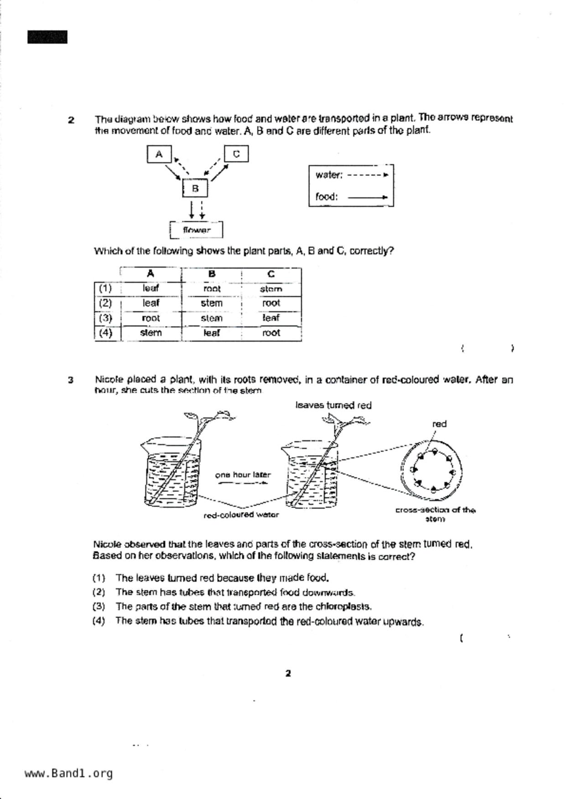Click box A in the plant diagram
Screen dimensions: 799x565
[x=159, y=154]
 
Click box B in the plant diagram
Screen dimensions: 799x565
[x=195, y=188]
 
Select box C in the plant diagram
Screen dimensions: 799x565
[x=236, y=154]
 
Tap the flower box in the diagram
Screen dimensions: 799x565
[x=197, y=230]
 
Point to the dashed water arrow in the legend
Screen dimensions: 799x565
[x=368, y=174]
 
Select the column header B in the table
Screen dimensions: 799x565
[x=212, y=274]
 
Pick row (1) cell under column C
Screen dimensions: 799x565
[x=271, y=289]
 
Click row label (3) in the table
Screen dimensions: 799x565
[x=105, y=318]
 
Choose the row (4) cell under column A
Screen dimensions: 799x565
[x=151, y=333]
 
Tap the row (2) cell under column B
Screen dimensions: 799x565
[x=212, y=303]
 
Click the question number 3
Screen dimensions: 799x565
[x=71, y=380]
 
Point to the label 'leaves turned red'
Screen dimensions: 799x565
[x=333, y=405]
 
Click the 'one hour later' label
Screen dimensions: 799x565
[x=243, y=475]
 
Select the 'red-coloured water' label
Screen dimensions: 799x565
[x=241, y=515]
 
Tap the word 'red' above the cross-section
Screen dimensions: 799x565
[x=439, y=424]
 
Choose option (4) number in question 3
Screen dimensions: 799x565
[x=98, y=620]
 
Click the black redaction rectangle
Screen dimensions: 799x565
[x=47, y=37]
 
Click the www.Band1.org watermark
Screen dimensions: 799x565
[x=68, y=773]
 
